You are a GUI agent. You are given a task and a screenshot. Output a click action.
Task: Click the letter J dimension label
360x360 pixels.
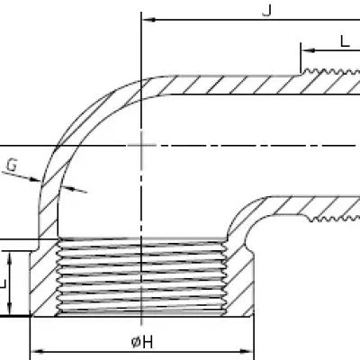[x=267, y=10]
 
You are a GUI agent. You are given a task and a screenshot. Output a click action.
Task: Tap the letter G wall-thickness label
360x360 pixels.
[x=12, y=166]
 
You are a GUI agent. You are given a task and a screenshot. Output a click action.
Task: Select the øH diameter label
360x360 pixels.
[x=142, y=342]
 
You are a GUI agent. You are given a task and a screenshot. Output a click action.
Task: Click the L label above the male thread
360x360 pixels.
[x=345, y=41]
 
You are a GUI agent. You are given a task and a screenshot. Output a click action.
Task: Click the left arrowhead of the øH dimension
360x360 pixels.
[x=37, y=352]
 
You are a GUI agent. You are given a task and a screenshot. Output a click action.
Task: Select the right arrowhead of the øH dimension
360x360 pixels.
[x=247, y=352]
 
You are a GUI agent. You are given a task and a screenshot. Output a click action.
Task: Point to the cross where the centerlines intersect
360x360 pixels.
[x=141, y=146]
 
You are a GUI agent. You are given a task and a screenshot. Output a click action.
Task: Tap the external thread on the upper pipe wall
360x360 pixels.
[x=330, y=72]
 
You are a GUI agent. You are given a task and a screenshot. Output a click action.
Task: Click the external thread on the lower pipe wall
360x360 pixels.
[x=335, y=219]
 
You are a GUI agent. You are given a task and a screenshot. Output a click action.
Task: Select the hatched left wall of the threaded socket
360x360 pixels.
[x=44, y=277]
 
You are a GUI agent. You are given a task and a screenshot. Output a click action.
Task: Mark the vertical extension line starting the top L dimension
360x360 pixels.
[x=301, y=58]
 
